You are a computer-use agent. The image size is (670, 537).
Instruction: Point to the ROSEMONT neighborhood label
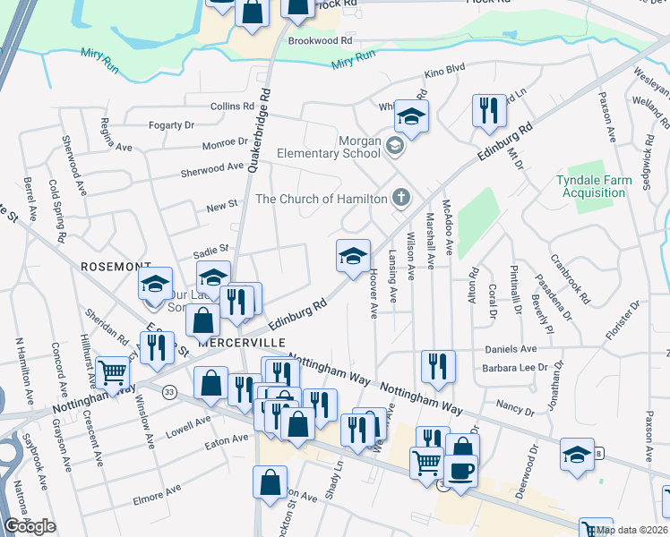pos(116,267)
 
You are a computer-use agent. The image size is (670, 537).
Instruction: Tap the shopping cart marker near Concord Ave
pos(112,371)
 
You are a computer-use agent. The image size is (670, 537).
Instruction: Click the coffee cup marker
pos(460,471)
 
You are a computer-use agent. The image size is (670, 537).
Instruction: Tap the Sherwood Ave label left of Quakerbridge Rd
pos(212,167)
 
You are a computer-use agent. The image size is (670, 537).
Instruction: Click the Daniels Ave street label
pos(511,349)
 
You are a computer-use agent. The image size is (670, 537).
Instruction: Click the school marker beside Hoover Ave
pos(353,257)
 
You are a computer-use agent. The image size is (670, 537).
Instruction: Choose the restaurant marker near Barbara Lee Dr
pos(438,366)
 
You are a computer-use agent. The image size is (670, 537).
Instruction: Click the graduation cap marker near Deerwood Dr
pos(577,455)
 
